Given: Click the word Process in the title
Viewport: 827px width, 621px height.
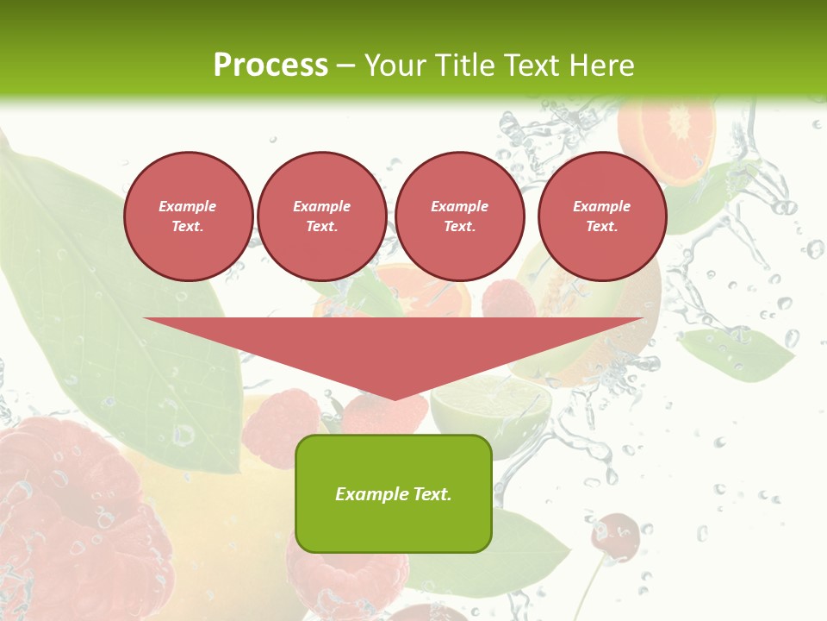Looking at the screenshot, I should [x=270, y=66].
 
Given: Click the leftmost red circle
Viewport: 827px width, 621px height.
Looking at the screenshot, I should [x=188, y=216].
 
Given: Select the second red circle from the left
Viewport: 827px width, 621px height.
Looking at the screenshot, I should [x=321, y=216].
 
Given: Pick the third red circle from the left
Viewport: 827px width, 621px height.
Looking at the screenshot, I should [x=459, y=216].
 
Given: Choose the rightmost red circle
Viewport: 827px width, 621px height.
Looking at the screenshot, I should [x=601, y=216].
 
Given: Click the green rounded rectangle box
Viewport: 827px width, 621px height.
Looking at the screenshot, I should [x=394, y=493].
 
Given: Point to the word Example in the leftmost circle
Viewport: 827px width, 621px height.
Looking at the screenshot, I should [x=188, y=207].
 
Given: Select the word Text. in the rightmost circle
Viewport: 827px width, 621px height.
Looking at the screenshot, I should [x=601, y=227].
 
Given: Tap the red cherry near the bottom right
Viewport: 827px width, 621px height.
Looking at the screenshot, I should [x=615, y=536].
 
